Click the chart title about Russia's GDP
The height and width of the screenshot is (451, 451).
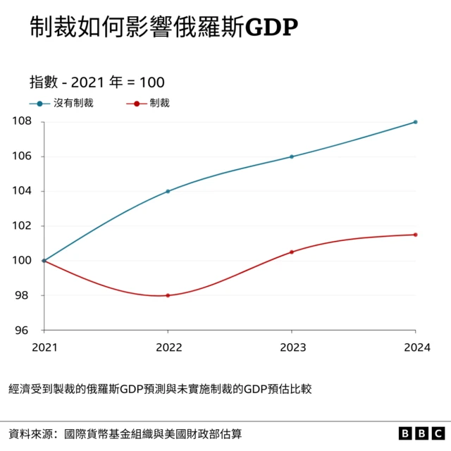(x=163, y=27)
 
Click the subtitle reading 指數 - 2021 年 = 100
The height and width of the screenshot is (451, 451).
(x=97, y=82)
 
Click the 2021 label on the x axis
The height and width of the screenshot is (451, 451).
(x=44, y=347)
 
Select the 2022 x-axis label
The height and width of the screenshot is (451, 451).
(x=168, y=347)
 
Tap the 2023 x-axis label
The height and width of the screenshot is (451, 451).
(x=292, y=347)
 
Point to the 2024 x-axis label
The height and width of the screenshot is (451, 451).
(x=415, y=347)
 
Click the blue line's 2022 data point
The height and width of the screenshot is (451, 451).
(x=168, y=191)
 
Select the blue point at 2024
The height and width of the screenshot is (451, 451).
(x=416, y=122)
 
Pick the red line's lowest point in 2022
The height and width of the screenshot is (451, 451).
(x=168, y=295)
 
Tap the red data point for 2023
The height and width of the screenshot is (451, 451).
(x=292, y=252)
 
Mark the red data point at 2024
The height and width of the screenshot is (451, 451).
(x=416, y=235)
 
